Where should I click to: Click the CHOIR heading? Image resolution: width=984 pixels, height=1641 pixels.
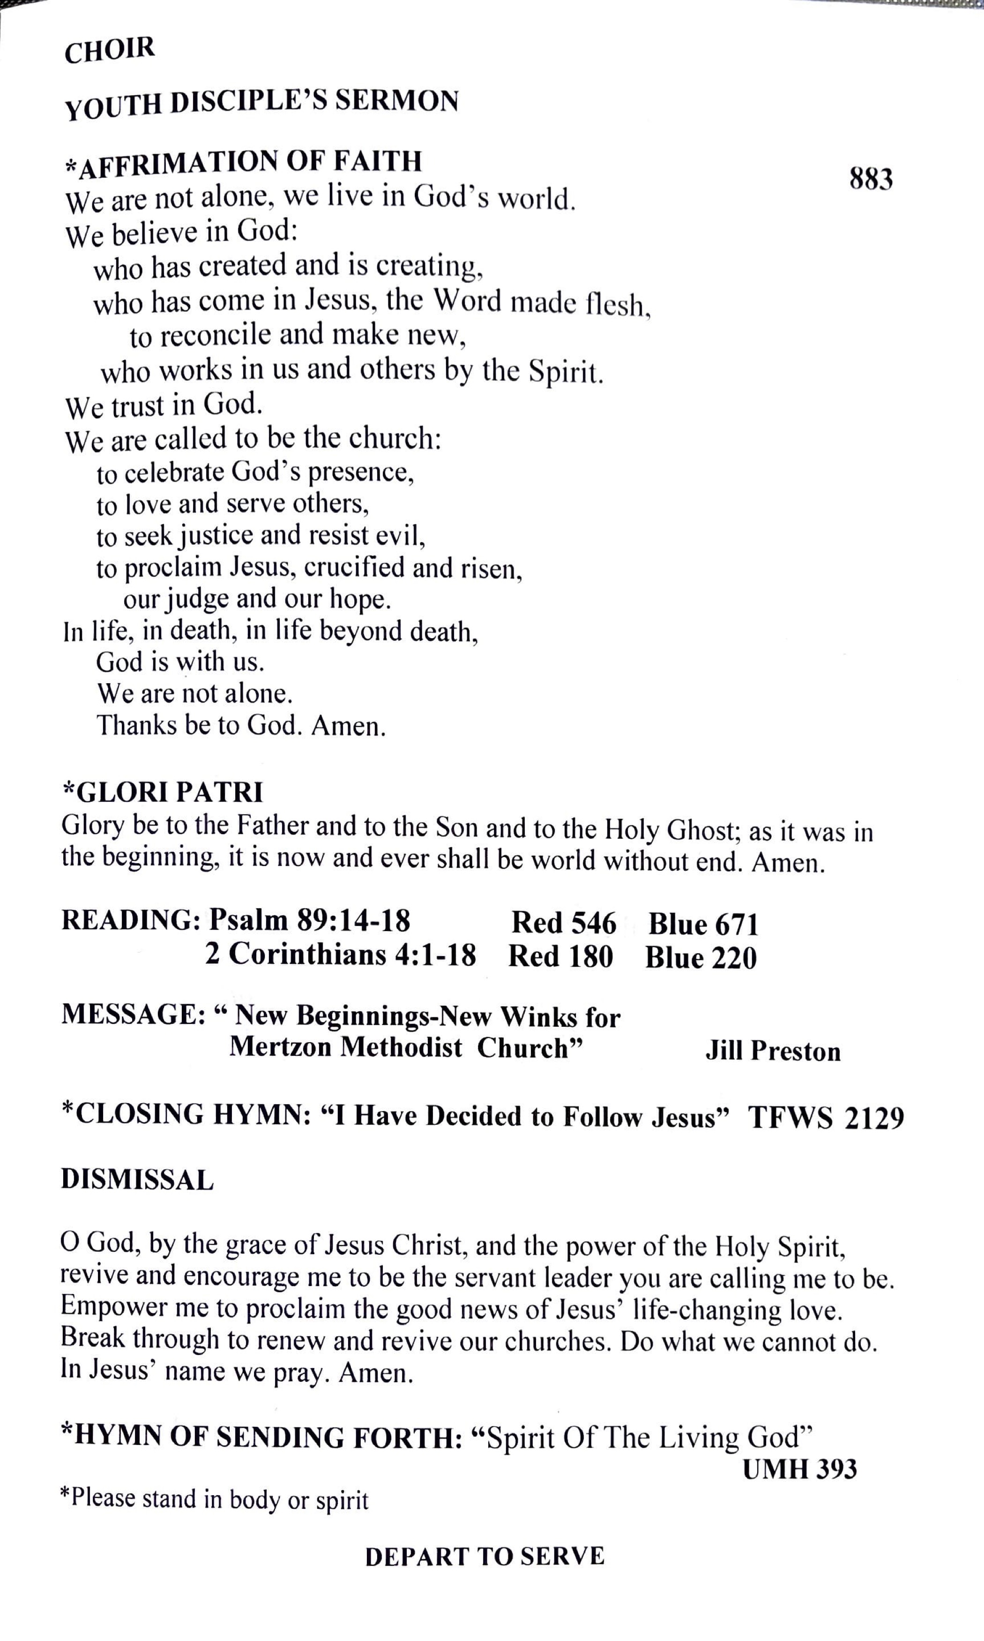tap(109, 51)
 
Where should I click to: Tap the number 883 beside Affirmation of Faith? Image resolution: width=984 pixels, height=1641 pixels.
tap(871, 179)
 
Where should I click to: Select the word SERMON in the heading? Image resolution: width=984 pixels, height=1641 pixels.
tap(396, 101)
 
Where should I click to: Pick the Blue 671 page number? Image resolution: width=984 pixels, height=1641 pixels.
tap(703, 925)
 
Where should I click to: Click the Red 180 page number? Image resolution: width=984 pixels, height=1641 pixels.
tap(560, 956)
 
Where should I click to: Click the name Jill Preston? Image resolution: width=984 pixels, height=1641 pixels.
tap(773, 1051)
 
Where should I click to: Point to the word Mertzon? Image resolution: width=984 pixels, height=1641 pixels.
tap(279, 1047)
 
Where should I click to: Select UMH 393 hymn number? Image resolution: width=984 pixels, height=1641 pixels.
tap(799, 1469)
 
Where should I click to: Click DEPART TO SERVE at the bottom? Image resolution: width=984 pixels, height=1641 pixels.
tap(485, 1556)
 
